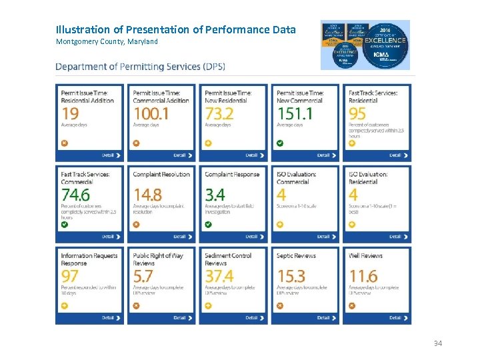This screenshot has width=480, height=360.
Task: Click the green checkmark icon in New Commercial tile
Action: point(280,143)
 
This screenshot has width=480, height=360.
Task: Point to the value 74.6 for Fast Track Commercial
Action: point(75,195)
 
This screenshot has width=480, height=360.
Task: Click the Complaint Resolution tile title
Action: point(161,175)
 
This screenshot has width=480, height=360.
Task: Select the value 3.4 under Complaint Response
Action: point(215,195)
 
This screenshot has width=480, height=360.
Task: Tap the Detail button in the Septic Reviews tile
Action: point(323,317)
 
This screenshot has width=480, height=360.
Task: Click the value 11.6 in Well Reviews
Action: point(363,276)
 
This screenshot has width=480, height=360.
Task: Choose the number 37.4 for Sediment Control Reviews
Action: point(219,276)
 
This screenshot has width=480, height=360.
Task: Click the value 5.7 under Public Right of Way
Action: point(143,276)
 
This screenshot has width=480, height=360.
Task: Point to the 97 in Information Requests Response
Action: point(70,276)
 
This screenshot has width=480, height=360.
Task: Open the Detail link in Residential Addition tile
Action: point(111,155)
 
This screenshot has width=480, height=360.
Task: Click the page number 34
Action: point(438,343)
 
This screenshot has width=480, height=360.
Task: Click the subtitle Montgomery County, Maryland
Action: point(107,42)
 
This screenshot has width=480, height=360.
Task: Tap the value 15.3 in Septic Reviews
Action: point(291,276)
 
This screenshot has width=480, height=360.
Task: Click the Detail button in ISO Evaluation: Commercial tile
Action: point(323,237)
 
